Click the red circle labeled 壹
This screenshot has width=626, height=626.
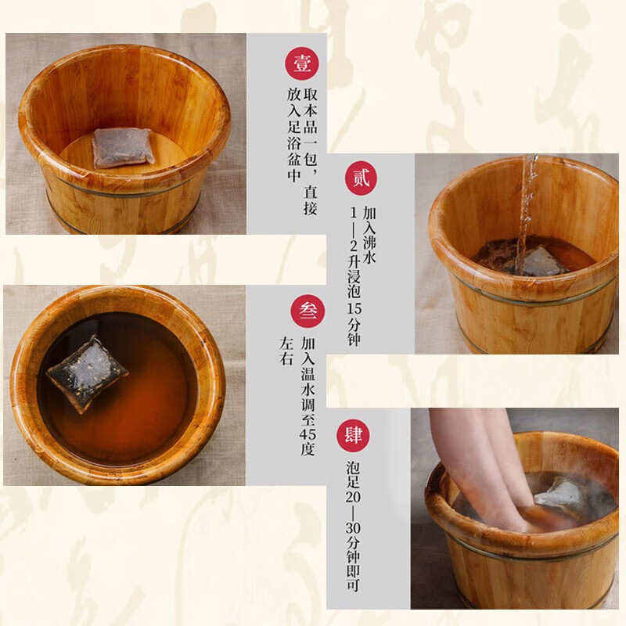pyautogui.click(x=301, y=64)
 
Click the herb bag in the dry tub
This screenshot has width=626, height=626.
pyautogui.click(x=122, y=147)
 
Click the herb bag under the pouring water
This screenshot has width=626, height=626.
pyautogui.click(x=542, y=262)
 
